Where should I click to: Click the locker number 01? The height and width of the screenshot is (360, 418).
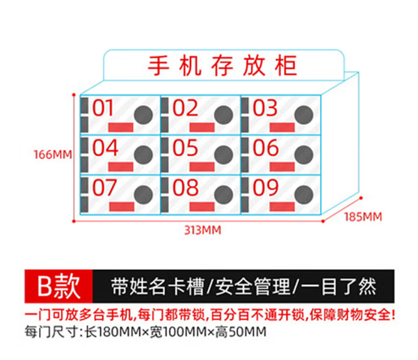103,108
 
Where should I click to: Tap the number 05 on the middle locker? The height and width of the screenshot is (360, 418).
185,148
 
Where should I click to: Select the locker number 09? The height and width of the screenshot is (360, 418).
266,187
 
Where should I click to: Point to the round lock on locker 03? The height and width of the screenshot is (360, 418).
304,115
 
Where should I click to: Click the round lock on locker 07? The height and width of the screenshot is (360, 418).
143,194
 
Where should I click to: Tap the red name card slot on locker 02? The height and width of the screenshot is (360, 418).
202,127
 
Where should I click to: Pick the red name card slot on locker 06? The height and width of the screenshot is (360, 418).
282,167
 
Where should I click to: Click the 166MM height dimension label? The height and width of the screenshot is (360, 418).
53,155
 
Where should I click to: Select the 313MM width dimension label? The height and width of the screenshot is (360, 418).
203,230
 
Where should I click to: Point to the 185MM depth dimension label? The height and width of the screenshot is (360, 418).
363,217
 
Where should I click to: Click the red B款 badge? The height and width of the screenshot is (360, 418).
58,286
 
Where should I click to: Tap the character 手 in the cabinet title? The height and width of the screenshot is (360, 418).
159,65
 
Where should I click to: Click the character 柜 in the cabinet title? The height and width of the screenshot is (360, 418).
286,65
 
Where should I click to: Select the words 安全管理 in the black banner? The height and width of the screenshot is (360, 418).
252,287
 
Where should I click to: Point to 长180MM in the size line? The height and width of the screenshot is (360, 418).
113,332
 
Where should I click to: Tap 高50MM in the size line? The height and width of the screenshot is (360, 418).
241,332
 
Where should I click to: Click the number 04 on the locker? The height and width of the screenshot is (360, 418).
105,148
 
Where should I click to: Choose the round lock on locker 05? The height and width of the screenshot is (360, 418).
224,155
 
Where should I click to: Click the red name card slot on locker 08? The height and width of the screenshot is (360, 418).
202,207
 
